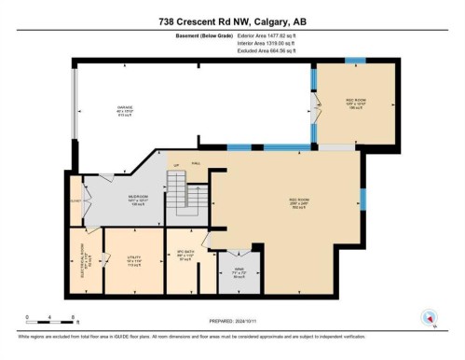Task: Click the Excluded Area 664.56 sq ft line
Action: click(259, 50)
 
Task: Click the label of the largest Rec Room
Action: click(298, 203)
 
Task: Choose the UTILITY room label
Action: click(120, 262)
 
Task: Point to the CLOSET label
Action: click(76, 201)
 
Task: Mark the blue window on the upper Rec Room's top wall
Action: click(355, 60)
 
